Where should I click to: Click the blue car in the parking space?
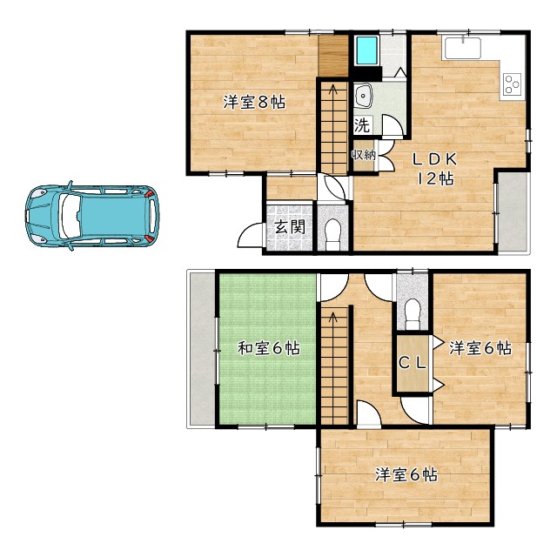point(92,216)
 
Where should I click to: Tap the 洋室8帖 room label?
point(254,103)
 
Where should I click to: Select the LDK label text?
point(434,160)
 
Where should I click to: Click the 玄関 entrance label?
point(290,227)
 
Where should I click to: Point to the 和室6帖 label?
point(269,348)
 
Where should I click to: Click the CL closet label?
point(412,363)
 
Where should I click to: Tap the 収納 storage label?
point(364,155)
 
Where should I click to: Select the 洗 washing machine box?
point(363,125)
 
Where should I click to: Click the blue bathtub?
point(367,51)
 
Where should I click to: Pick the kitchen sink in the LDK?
point(462,48)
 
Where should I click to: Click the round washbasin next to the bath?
point(363,96)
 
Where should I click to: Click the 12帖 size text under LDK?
point(435,178)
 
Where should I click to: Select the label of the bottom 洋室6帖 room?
point(406,474)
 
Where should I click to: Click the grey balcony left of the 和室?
point(201,349)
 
